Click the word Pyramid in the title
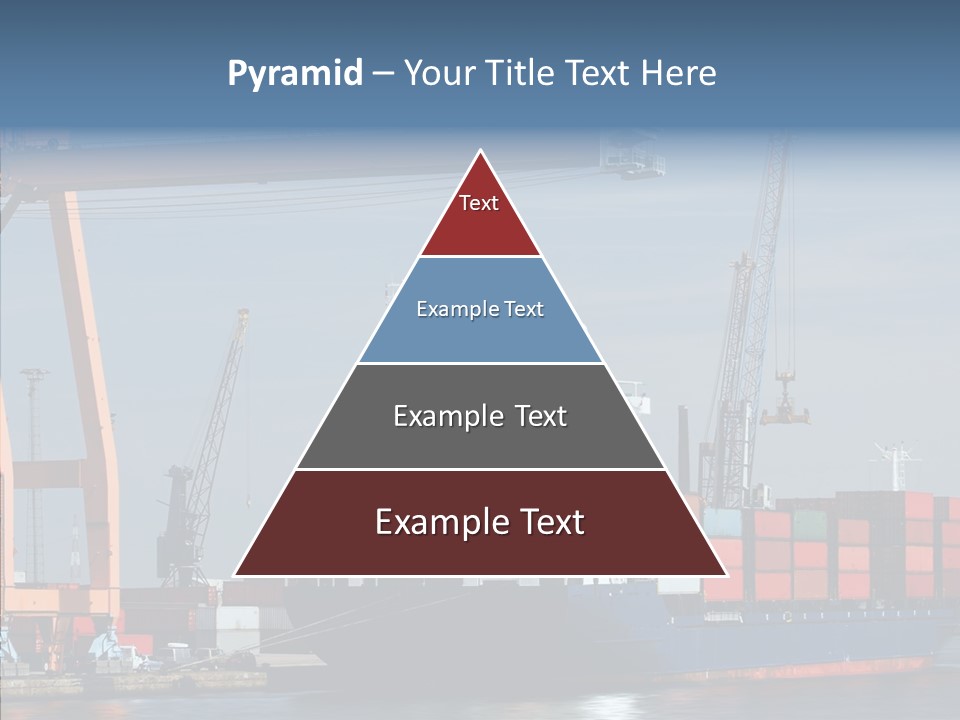click(x=294, y=74)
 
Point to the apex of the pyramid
click(x=481, y=152)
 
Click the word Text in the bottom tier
click(x=548, y=522)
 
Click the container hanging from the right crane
click(x=785, y=408)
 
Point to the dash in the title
click(x=383, y=74)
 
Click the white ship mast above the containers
click(x=896, y=465)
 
